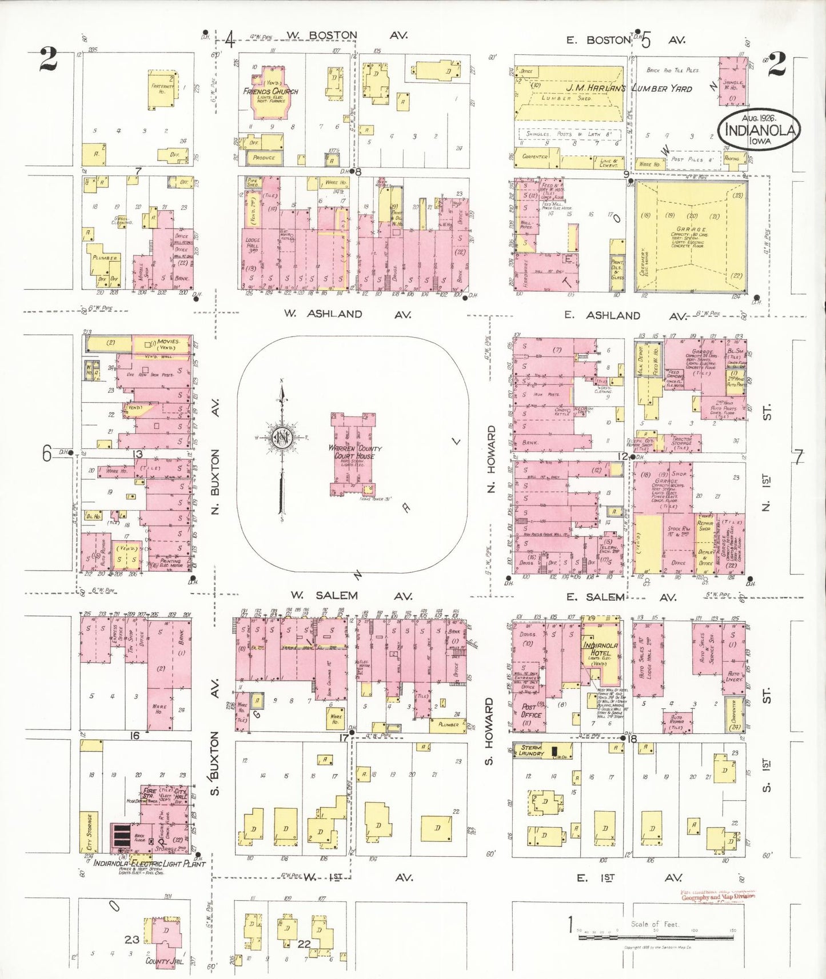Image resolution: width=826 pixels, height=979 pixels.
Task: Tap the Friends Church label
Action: [270, 91]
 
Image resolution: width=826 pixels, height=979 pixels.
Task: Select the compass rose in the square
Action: [282, 439]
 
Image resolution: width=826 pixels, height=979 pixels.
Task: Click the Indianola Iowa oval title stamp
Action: [759, 131]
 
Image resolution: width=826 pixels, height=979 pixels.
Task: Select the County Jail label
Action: [164, 961]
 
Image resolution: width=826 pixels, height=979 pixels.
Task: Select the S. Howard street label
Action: [490, 731]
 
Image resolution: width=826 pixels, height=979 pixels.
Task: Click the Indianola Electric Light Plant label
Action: [149, 864]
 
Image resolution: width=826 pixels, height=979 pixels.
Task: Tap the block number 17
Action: [344, 738]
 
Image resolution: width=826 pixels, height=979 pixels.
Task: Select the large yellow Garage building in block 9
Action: [691, 236]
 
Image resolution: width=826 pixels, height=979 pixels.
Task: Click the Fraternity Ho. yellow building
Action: [162, 89]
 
